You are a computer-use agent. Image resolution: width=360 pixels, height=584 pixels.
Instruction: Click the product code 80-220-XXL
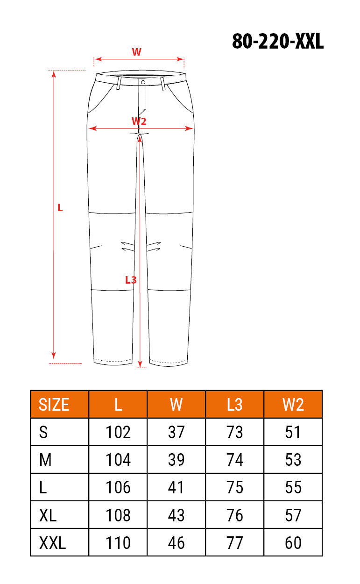[x=278, y=41]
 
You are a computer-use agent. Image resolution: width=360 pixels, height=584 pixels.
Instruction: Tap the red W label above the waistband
[x=136, y=52]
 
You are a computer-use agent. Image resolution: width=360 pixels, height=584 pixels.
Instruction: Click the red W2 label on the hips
[x=139, y=121]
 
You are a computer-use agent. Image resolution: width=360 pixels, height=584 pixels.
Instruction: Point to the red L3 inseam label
[x=131, y=280]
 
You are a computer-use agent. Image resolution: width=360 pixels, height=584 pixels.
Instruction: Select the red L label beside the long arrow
[x=60, y=208]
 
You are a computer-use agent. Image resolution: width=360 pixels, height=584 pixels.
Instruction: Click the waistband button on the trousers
[x=143, y=82]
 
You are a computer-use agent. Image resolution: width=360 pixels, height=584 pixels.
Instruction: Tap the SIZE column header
[x=54, y=405]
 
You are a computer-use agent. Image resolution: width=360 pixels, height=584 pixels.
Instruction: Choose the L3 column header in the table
[x=234, y=405]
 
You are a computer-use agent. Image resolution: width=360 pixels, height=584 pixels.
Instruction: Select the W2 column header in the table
[x=293, y=405]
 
